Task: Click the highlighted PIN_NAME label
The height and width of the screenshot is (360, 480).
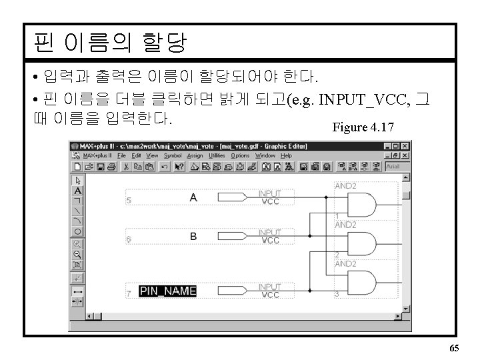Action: pyautogui.click(x=167, y=291)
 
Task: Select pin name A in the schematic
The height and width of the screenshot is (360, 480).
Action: pyautogui.click(x=193, y=197)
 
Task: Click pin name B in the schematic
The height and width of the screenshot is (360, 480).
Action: pyautogui.click(x=193, y=236)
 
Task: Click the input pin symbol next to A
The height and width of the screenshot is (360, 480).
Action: pyautogui.click(x=231, y=197)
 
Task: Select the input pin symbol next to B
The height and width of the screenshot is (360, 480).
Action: pyautogui.click(x=231, y=236)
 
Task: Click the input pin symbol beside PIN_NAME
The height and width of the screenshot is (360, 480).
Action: pyautogui.click(x=231, y=291)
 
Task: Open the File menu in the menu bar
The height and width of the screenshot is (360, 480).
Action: pyautogui.click(x=121, y=155)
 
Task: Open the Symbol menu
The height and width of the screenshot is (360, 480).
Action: pyautogui.click(x=172, y=155)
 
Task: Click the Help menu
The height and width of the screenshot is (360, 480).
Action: pyautogui.click(x=286, y=155)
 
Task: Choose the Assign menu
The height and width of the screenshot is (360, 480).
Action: pyautogui.click(x=195, y=155)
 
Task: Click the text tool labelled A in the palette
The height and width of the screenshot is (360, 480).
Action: pyautogui.click(x=77, y=190)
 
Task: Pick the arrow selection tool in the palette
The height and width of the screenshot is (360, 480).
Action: pyautogui.click(x=77, y=180)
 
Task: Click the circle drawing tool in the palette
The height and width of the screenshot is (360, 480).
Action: pyautogui.click(x=77, y=231)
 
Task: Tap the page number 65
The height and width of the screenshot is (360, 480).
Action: pyautogui.click(x=454, y=349)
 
